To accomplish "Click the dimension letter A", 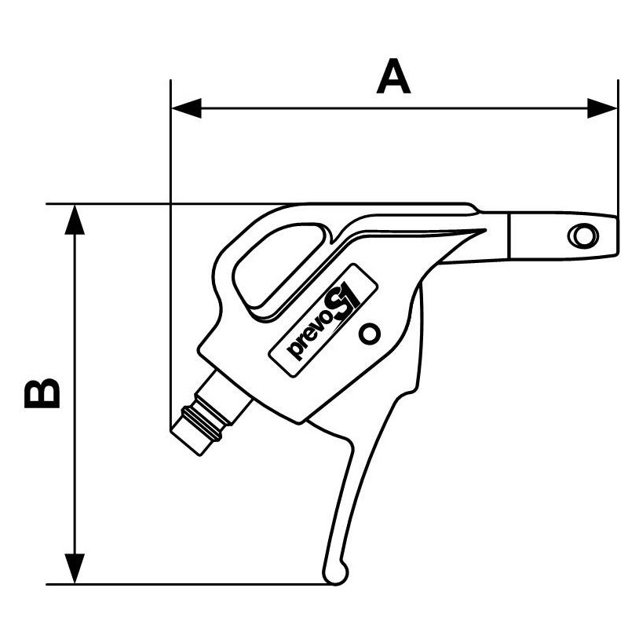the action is click(x=393, y=76).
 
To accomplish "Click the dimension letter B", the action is click(x=42, y=393).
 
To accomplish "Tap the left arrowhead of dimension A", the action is click(x=187, y=108).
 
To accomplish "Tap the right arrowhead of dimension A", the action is click(x=602, y=108).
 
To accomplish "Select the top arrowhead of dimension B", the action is click(x=75, y=220).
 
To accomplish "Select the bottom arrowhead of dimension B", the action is click(x=75, y=568).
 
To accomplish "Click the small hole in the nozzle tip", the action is click(x=583, y=235).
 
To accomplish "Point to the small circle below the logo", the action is click(x=369, y=333).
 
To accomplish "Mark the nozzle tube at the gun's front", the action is click(x=562, y=236).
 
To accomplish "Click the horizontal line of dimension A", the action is click(x=395, y=108).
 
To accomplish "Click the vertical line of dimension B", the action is click(x=75, y=394).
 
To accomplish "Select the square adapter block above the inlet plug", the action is click(x=224, y=396).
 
